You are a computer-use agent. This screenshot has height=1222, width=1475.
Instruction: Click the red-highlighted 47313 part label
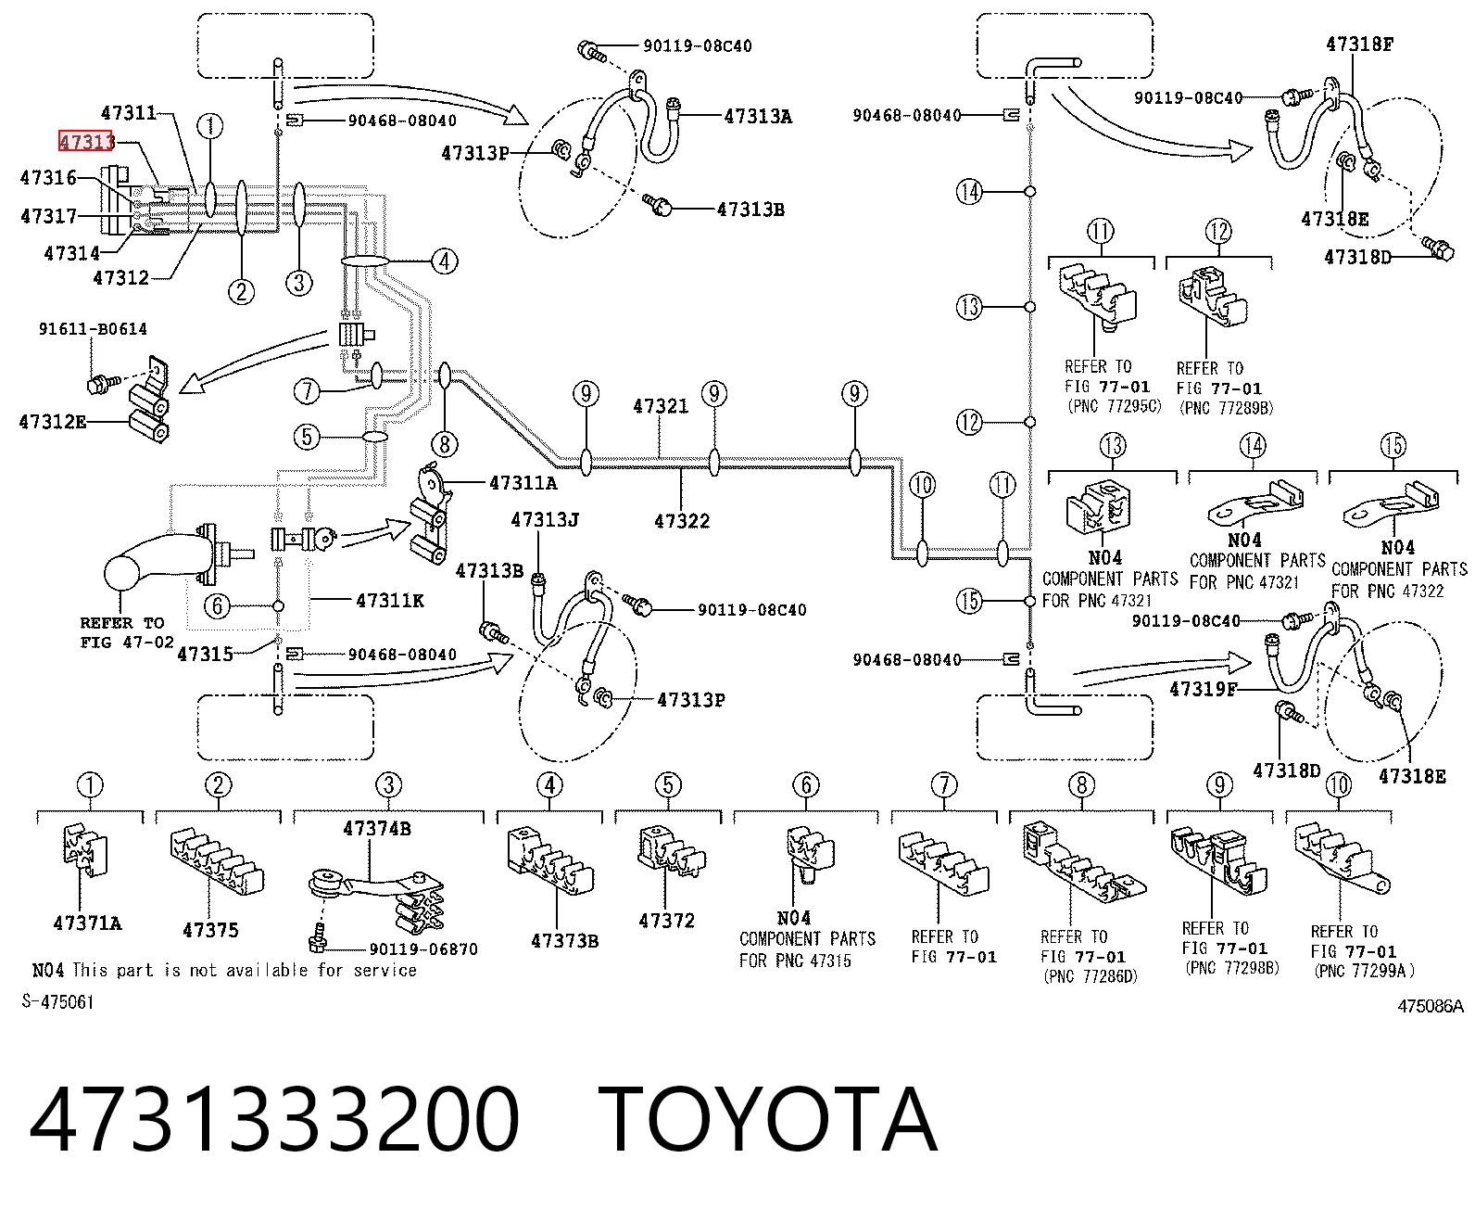coord(86,142)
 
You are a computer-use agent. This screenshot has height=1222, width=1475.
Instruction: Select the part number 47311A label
coord(523,483)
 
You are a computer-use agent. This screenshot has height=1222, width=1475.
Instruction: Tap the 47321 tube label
coord(661,406)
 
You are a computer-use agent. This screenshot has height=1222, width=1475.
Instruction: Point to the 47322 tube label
coord(682,521)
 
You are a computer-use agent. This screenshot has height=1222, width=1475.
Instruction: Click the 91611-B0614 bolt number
coord(93,329)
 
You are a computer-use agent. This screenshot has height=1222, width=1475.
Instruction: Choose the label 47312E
coord(52,422)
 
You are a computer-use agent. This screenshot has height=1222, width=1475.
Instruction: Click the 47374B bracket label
coord(376,828)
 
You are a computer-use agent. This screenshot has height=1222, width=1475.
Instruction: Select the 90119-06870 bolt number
coord(423,949)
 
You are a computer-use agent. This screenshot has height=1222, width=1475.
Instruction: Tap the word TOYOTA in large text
coord(768,1119)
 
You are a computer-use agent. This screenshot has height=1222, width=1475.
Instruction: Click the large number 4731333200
coord(274,1119)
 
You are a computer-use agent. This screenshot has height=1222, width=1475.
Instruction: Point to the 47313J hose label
coord(545,520)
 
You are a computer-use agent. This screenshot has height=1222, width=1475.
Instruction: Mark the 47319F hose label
coord(1203,689)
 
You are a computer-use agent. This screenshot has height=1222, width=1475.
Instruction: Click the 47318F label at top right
coord(1359,44)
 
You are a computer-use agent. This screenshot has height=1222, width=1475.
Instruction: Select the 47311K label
coord(390,601)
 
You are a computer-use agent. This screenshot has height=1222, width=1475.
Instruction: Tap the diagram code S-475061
coord(57,1001)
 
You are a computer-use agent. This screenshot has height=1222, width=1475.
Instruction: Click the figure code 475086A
coord(1431,1006)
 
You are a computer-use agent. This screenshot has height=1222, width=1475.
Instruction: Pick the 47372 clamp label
coord(666,921)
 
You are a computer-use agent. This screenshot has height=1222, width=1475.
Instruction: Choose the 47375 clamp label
coord(210,930)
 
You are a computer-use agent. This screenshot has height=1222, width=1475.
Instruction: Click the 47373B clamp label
coord(564,940)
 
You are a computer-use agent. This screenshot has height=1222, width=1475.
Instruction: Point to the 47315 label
coord(205,655)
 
